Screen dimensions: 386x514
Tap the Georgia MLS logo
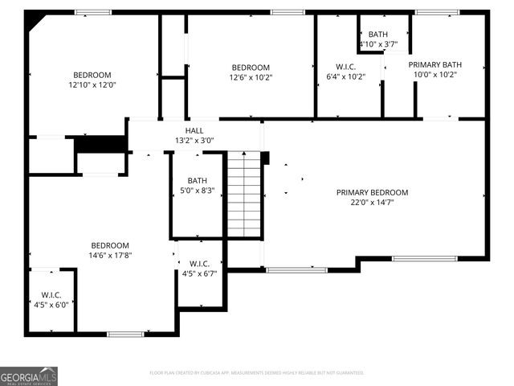[29, 376]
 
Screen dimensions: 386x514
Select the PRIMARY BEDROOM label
[372, 192]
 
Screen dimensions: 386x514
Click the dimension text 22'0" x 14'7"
[372, 203]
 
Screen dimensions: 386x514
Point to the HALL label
[194, 130]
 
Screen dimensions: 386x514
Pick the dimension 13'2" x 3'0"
[194, 141]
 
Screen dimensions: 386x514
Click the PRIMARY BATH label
[434, 64]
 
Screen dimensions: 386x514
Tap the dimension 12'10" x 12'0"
[92, 84]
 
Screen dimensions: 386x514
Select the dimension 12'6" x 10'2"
[251, 78]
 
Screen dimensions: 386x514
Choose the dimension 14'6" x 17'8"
[109, 256]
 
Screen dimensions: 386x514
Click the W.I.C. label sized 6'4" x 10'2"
[345, 67]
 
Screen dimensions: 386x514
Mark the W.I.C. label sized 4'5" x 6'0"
[51, 294]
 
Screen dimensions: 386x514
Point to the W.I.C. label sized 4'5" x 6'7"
[199, 264]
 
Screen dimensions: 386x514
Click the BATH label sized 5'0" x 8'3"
[197, 180]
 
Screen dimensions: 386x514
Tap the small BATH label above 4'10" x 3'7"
[377, 34]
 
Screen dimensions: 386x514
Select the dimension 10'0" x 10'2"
[434, 75]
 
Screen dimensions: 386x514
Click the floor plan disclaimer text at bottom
[257, 372]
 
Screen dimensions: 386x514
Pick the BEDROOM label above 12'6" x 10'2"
[251, 68]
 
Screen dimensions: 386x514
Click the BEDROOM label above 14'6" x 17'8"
[109, 245]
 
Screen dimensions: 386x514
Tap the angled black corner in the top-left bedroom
[33, 20]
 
